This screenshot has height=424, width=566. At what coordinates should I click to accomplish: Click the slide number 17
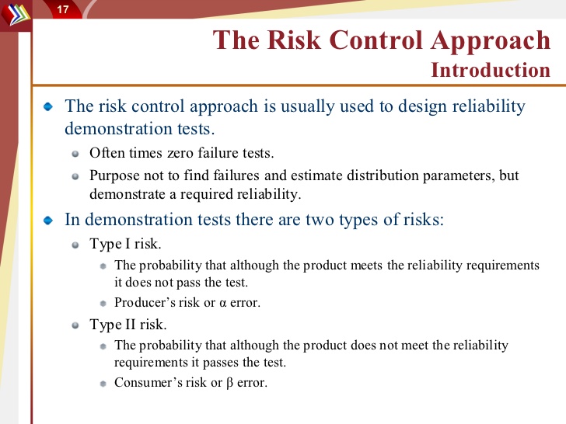tap(63, 9)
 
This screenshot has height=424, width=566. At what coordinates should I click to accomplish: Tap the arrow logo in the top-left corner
tap(16, 14)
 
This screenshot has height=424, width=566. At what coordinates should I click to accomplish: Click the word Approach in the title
tap(490, 41)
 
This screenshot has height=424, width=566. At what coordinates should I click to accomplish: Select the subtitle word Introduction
tap(491, 70)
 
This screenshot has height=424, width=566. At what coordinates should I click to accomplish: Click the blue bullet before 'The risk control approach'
tap(48, 106)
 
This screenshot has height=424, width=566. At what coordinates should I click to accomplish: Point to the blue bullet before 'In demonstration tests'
tap(48, 220)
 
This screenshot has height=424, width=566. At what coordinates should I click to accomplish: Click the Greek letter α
tap(222, 303)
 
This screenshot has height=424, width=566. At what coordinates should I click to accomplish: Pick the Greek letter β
tap(230, 383)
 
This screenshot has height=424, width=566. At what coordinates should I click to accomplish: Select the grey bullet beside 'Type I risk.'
tap(75, 245)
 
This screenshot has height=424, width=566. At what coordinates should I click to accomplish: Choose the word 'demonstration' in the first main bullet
tap(117, 129)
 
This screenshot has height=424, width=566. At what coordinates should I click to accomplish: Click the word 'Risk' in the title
tap(294, 40)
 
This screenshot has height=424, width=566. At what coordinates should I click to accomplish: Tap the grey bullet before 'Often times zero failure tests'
tap(75, 154)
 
